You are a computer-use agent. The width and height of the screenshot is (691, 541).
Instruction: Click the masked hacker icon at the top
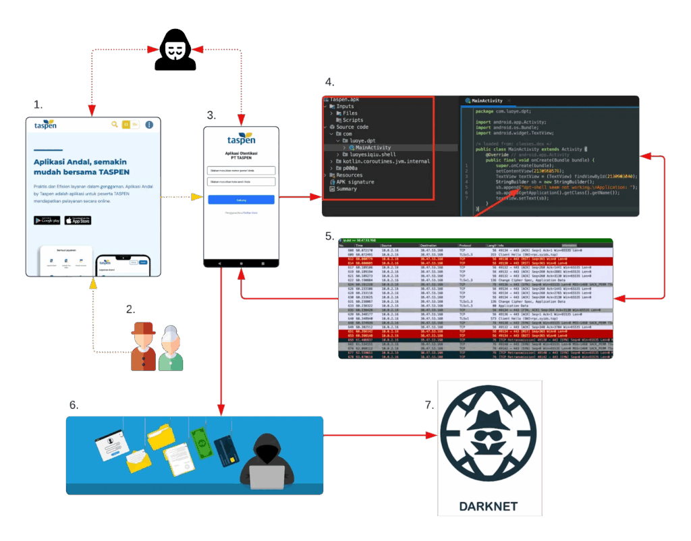click(x=175, y=51)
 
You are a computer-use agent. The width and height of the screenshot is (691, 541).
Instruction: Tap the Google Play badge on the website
click(x=47, y=221)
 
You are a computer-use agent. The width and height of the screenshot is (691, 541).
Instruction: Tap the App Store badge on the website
click(x=77, y=221)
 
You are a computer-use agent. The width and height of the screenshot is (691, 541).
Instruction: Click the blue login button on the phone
click(x=241, y=200)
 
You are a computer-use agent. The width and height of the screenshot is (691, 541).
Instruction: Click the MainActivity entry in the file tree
click(x=372, y=147)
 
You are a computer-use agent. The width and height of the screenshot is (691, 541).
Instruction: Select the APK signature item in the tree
click(x=355, y=182)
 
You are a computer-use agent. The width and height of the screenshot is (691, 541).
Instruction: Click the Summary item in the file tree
click(x=348, y=190)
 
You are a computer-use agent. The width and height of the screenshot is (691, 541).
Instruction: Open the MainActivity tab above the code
click(x=487, y=101)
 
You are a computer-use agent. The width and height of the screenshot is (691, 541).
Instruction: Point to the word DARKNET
click(x=489, y=507)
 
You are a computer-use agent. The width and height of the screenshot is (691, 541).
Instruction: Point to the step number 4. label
click(x=329, y=82)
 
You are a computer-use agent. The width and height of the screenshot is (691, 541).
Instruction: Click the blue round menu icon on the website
click(x=149, y=125)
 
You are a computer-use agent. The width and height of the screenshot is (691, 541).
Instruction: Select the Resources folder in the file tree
click(x=350, y=175)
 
